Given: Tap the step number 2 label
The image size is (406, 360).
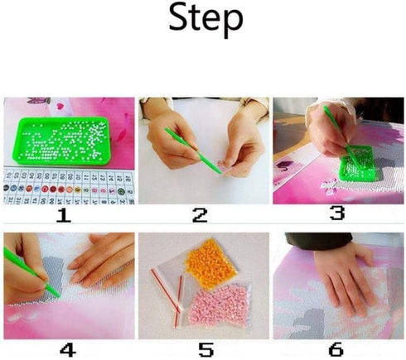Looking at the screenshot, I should tap(200, 216).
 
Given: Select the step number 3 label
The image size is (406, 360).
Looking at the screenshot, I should tap(336, 214).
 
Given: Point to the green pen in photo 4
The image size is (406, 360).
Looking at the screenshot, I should tap(35, 273).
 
